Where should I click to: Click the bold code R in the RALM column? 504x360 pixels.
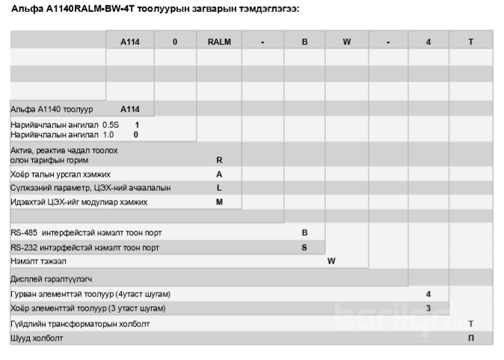(x=219, y=160)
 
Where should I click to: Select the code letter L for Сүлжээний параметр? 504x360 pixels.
(x=219, y=188)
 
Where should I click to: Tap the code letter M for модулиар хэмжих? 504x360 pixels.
(x=219, y=202)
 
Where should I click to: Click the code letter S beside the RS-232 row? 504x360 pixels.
(x=304, y=247)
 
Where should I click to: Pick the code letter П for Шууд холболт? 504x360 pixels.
(x=470, y=338)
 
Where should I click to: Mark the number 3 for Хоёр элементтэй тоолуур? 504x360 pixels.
(x=428, y=308)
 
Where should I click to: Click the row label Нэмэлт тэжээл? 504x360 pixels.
(x=38, y=261)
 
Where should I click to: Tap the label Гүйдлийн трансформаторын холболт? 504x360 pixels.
(x=80, y=324)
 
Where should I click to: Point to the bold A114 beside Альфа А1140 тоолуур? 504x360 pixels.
(x=130, y=109)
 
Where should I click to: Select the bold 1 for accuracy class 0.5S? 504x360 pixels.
(x=137, y=124)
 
